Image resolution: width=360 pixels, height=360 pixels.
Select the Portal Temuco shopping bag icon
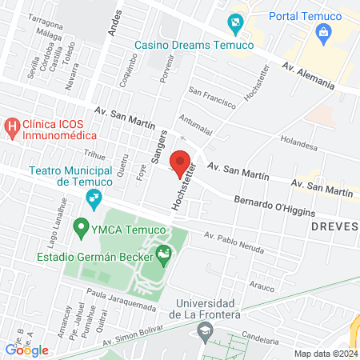(324, 32)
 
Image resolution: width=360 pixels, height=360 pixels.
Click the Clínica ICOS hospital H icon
(12, 126)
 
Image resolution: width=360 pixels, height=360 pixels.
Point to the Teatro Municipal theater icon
(94, 197)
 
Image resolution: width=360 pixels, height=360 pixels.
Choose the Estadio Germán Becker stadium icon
(164, 256)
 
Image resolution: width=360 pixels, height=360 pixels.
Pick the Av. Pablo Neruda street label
(234, 242)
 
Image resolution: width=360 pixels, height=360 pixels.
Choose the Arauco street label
(257, 284)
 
